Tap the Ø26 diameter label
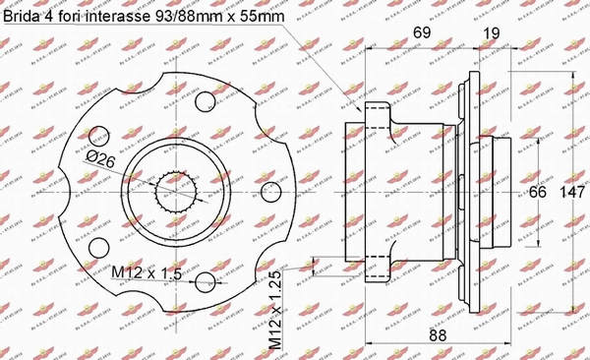[x=102, y=157]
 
